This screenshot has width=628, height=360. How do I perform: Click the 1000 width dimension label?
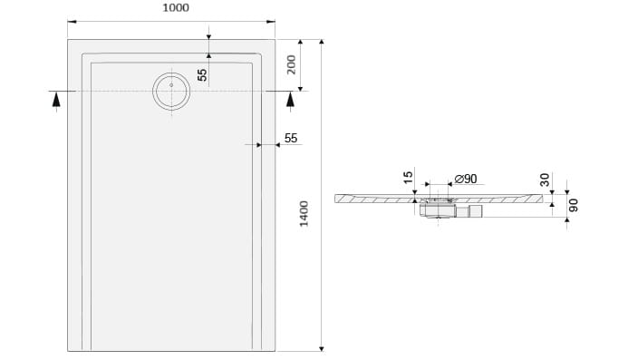click(x=176, y=8)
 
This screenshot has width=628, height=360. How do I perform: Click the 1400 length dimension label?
click(x=304, y=214)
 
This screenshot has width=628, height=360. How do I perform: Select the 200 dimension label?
click(x=292, y=64)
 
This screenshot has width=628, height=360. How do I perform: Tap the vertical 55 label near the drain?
click(x=203, y=74)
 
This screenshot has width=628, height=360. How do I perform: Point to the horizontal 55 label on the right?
click(x=291, y=139)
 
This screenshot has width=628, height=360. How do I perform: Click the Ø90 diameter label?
click(x=466, y=179)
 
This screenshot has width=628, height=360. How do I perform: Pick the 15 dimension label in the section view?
click(x=408, y=177)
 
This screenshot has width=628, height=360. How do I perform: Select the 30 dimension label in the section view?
click(x=545, y=180)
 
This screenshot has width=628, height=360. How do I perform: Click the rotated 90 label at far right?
click(x=574, y=205)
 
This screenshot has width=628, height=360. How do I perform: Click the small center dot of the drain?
click(x=171, y=85)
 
